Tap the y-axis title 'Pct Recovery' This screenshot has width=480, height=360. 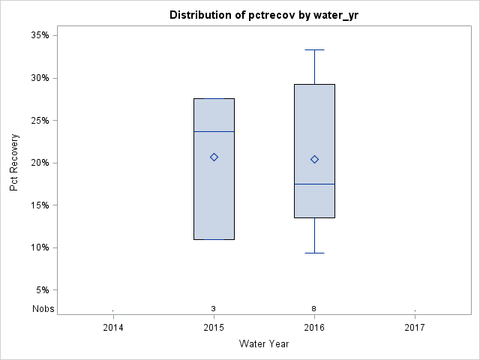coord(15,163)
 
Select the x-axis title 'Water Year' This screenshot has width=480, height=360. coord(264,343)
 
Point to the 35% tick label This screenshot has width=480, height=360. coord(40,35)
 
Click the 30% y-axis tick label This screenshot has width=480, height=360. coord(40,78)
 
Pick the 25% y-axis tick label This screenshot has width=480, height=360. coord(40,120)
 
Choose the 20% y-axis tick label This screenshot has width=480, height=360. coord(40,163)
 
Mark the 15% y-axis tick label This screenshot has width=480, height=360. coord(40,205)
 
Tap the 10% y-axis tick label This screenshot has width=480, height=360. coord(40,247)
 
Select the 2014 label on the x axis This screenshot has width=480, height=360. coord(113,327)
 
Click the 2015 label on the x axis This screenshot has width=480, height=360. coord(214,327)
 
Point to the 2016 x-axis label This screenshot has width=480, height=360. coord(314,327)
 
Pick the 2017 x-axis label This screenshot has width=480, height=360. coord(415,327)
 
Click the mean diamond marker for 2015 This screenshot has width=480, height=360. coord(214,157)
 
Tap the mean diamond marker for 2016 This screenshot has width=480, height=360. coord(314,159)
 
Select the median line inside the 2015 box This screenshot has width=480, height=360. coord(214,131)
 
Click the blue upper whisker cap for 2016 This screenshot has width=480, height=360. coord(314,49)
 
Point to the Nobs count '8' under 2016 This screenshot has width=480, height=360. coord(314,308)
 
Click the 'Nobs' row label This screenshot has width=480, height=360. coord(43,308)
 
